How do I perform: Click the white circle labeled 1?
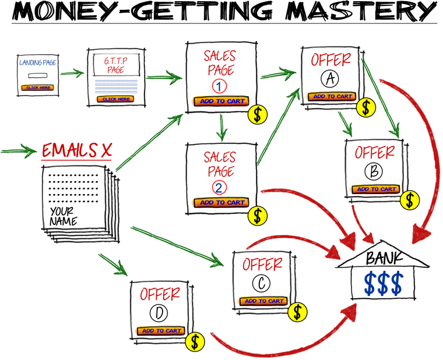[219, 86]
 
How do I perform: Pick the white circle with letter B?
[374, 171]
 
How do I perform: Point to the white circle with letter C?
[261, 283]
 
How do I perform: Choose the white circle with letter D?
[158, 313]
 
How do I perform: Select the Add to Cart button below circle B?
[376, 189]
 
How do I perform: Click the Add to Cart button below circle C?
[264, 301]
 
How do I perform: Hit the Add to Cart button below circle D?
[161, 331]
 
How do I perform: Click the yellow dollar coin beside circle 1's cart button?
[258, 115]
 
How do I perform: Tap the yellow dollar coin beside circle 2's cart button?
[258, 216]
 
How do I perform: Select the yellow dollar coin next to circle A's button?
[366, 107]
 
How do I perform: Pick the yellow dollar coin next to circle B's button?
[410, 200]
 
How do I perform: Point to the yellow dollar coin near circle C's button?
[297, 312]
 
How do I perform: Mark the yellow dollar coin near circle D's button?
[195, 342]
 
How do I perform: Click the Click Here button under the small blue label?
[39, 87]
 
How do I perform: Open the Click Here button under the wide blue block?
[116, 99]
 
